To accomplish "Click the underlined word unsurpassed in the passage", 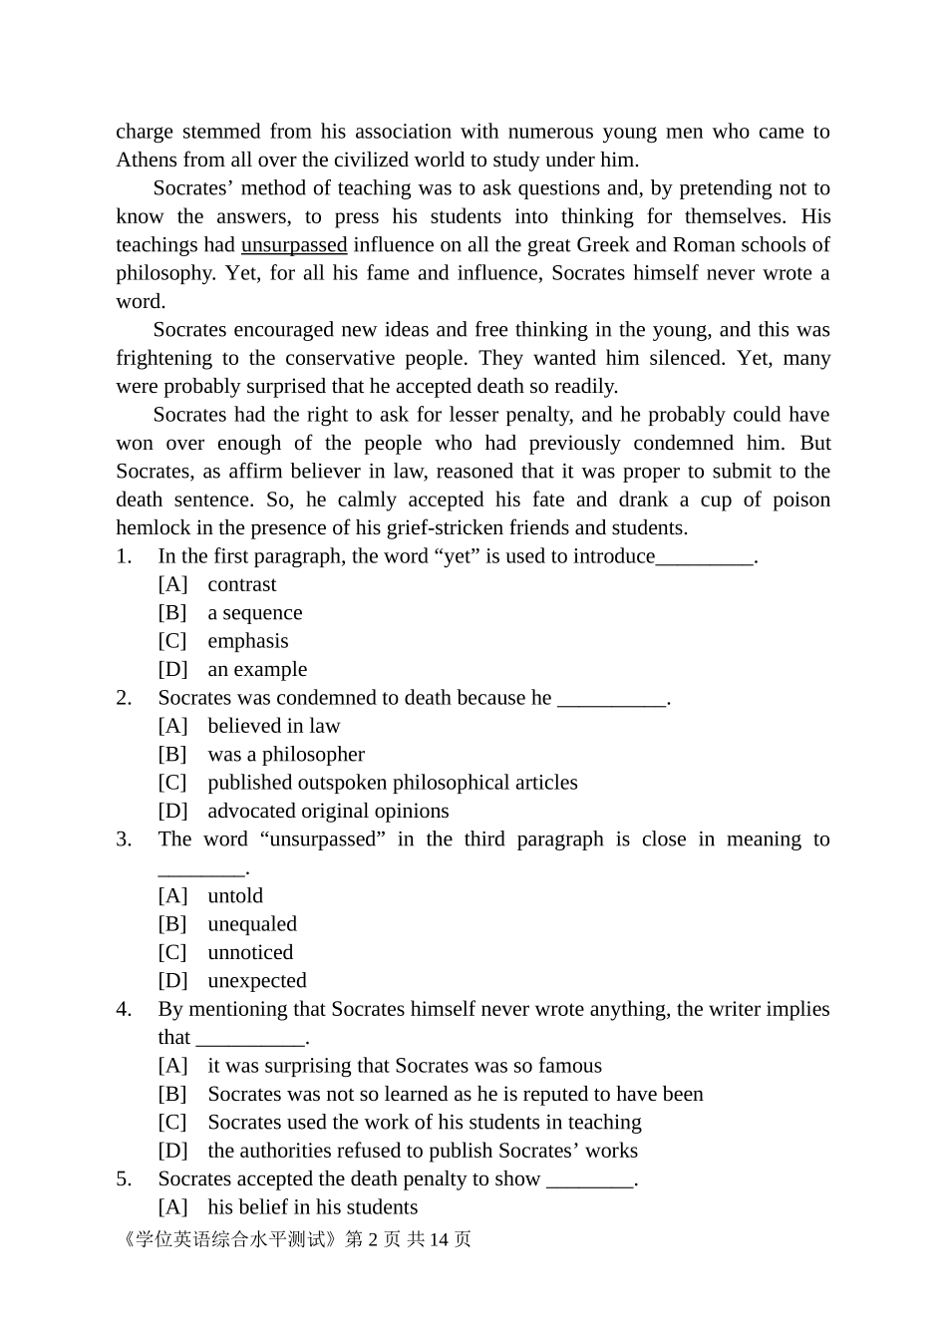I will click(294, 245).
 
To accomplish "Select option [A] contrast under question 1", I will click(241, 585).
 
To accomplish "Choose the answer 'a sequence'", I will click(254, 613).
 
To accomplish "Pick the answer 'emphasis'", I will click(247, 641).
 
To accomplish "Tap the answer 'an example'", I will click(257, 670).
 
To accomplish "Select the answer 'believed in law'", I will click(273, 727).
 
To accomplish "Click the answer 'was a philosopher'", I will click(285, 755).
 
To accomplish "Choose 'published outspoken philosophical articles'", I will click(392, 783).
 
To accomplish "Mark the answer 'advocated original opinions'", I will click(328, 812).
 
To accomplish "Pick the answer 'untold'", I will click(235, 896).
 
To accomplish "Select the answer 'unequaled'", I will click(252, 924).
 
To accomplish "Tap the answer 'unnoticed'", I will click(250, 953).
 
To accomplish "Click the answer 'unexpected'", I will click(256, 981).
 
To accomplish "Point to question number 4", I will click(124, 1010).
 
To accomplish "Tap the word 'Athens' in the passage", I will click(146, 161).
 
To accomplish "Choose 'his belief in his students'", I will click(312, 1207).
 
